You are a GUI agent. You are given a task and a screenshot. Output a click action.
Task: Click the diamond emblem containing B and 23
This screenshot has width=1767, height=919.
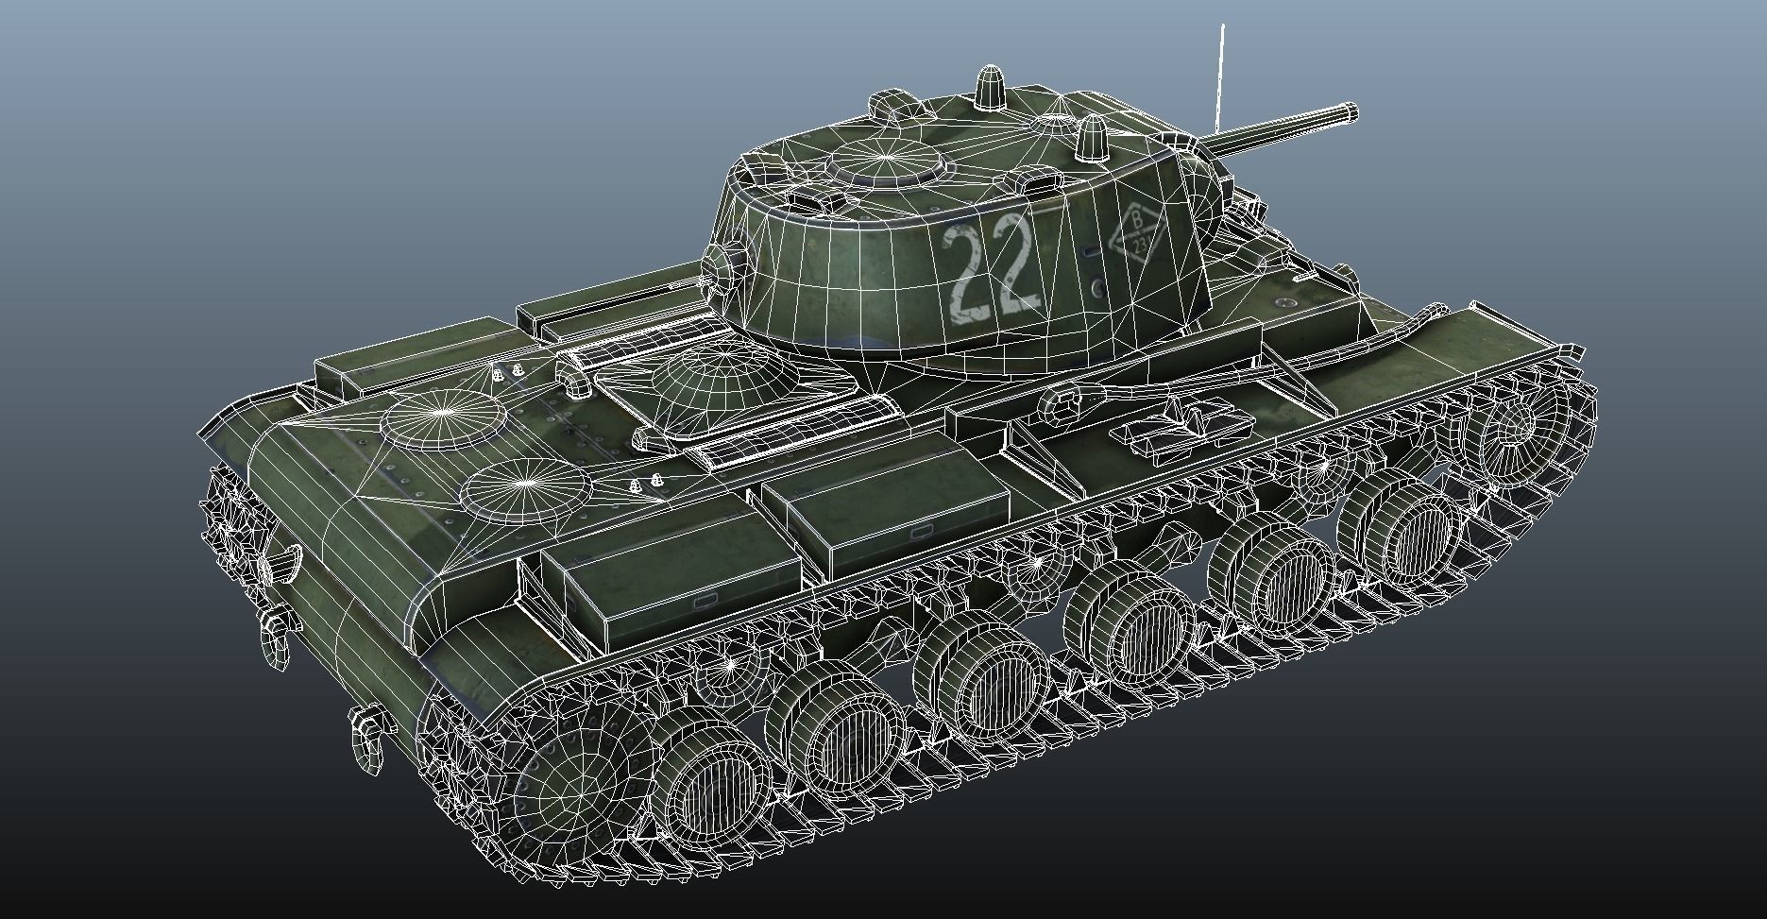1138,232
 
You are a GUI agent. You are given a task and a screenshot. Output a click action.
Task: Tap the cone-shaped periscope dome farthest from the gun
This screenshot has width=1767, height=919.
990,91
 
